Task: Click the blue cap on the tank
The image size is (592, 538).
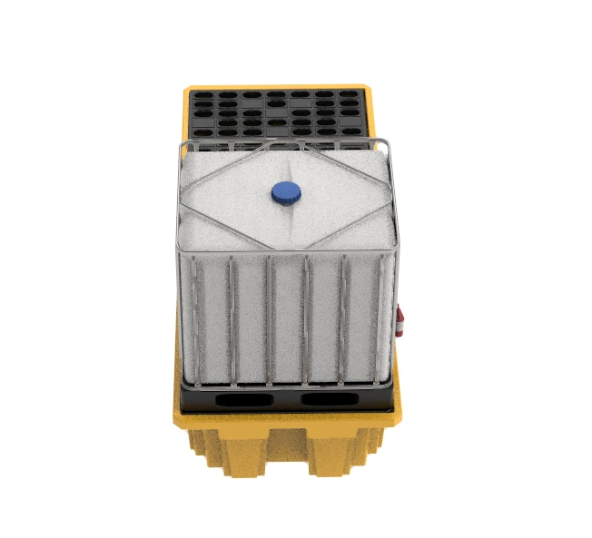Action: click(x=286, y=191)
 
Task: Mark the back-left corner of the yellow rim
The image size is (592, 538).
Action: click(x=188, y=88)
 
